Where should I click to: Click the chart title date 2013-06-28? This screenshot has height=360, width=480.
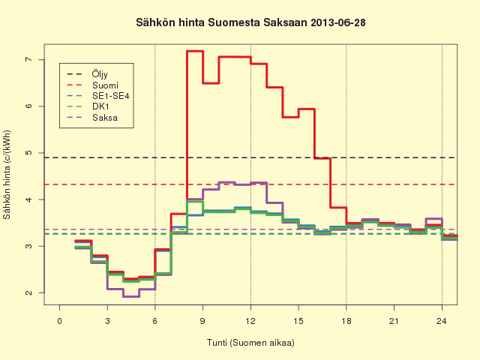coord(338,22)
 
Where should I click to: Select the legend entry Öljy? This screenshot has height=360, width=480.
coord(100,74)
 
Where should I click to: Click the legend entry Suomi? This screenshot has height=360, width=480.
coord(105,85)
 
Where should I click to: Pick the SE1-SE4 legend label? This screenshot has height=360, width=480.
coord(111,96)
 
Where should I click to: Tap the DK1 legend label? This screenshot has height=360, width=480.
coord(100,106)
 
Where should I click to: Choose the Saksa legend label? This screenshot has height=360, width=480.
coord(105,118)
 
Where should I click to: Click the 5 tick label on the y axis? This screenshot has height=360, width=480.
coord(28,153)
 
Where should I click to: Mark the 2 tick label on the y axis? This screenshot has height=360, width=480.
coord(28,292)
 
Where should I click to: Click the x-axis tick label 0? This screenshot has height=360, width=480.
coord(59,321)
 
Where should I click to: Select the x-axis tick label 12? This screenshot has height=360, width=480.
coord(250,321)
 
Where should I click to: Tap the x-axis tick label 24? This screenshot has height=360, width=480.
coord(442,321)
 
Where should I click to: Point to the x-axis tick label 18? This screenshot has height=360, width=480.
coord(346,321)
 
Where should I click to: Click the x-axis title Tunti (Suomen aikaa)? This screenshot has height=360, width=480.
coord(250,343)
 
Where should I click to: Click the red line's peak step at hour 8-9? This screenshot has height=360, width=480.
coord(195,51)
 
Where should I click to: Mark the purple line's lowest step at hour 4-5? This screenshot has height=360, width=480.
coord(131,296)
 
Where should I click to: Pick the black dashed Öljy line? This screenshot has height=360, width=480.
coord(250,157)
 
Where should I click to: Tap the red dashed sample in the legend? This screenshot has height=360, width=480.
coord(75,85)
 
